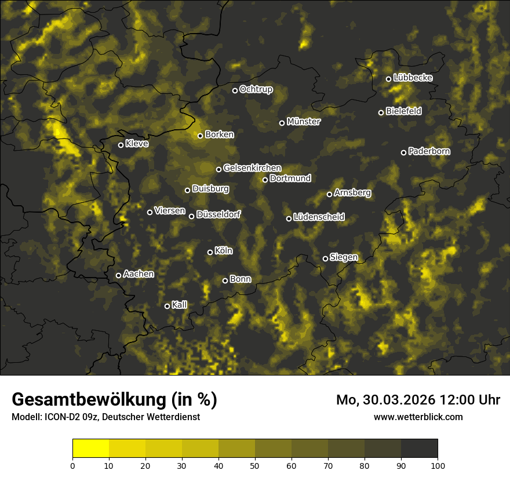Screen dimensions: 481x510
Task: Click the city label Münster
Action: (304, 122)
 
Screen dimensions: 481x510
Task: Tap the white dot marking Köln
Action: (210, 252)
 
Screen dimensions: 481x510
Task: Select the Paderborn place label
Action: (429, 151)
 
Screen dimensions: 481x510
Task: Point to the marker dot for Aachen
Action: (118, 275)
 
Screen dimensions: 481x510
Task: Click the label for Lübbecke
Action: (413, 78)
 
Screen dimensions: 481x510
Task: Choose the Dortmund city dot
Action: (265, 180)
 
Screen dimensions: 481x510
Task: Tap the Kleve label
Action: (137, 144)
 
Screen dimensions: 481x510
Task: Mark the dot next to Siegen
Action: (325, 258)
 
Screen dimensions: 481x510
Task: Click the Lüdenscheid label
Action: (319, 217)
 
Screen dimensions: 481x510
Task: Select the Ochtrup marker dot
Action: (235, 90)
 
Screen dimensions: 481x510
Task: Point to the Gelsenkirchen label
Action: (253, 168)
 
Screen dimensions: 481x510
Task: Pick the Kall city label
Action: (180, 305)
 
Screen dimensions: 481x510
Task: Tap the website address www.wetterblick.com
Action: (418, 417)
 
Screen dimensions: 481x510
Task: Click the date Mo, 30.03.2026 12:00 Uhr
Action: (418, 400)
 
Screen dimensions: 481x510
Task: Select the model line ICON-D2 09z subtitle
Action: (105, 417)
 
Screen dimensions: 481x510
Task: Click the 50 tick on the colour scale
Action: (255, 465)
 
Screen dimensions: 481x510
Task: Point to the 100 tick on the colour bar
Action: (438, 465)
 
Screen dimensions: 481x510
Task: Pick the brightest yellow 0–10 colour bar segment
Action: (91, 449)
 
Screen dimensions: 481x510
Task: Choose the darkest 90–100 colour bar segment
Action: (419, 449)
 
